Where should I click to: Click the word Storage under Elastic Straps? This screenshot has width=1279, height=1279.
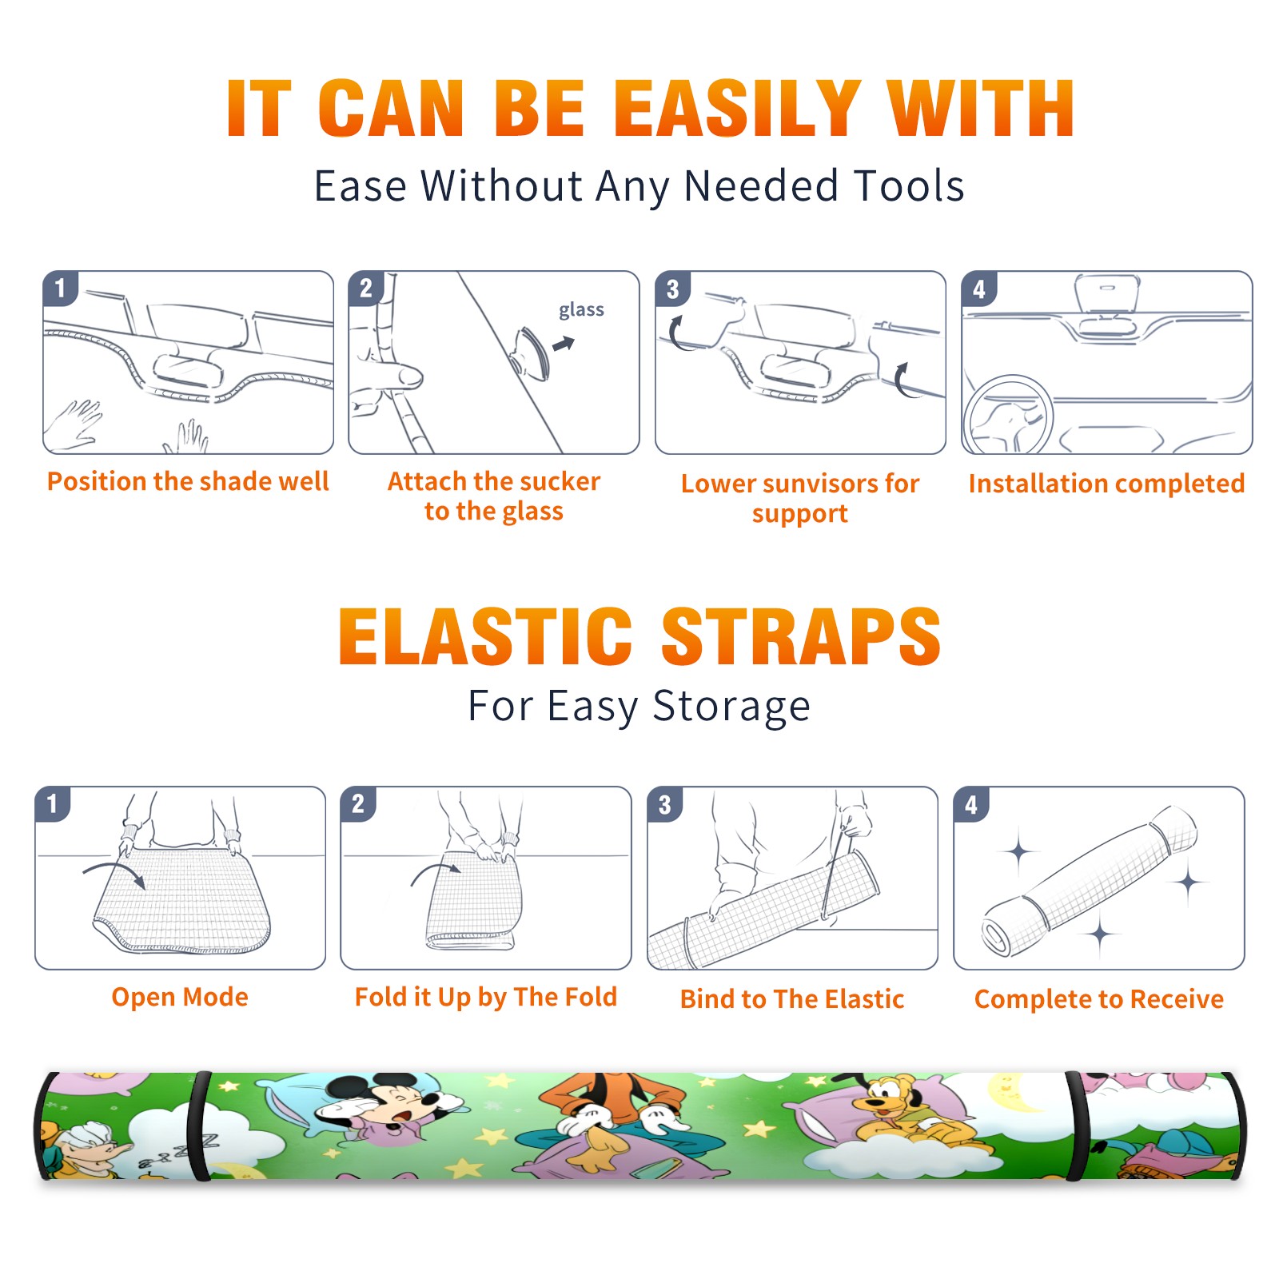pyautogui.click(x=731, y=707)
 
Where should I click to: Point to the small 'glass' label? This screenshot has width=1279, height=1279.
pyautogui.click(x=581, y=310)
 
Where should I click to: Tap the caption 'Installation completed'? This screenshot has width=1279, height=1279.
pyautogui.click(x=1106, y=484)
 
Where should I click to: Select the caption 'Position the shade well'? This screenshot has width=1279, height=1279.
pyautogui.click(x=188, y=481)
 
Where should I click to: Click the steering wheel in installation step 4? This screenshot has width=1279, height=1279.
pyautogui.click(x=1008, y=414)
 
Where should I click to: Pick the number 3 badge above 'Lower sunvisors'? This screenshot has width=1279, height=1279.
pyautogui.click(x=672, y=289)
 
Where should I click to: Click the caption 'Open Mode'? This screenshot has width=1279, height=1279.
pyautogui.click(x=180, y=997)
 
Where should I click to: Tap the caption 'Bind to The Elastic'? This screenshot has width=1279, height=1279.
pyautogui.click(x=792, y=999)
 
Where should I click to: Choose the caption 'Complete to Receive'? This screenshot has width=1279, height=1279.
pyautogui.click(x=1099, y=999)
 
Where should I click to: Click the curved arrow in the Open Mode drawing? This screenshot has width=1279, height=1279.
pyautogui.click(x=112, y=868)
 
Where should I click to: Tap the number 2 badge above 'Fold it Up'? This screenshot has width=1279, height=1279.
pyautogui.click(x=358, y=803)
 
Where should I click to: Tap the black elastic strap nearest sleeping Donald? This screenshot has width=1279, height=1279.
pyautogui.click(x=199, y=1126)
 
